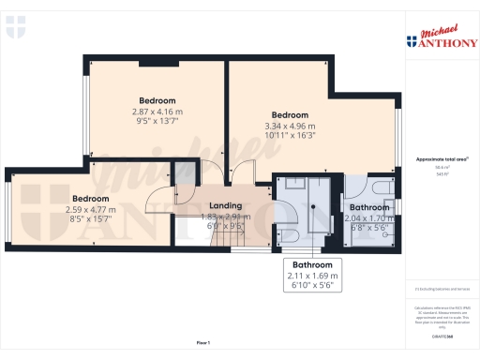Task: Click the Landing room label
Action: (x=225, y=205)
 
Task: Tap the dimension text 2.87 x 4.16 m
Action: (x=157, y=112)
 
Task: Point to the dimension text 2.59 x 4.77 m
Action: (x=91, y=210)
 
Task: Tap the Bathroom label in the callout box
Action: (x=314, y=265)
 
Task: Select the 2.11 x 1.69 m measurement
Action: (x=314, y=276)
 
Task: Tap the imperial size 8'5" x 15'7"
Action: (x=91, y=220)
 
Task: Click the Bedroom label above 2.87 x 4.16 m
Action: (x=157, y=100)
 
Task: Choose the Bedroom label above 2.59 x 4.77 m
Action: (x=91, y=199)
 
